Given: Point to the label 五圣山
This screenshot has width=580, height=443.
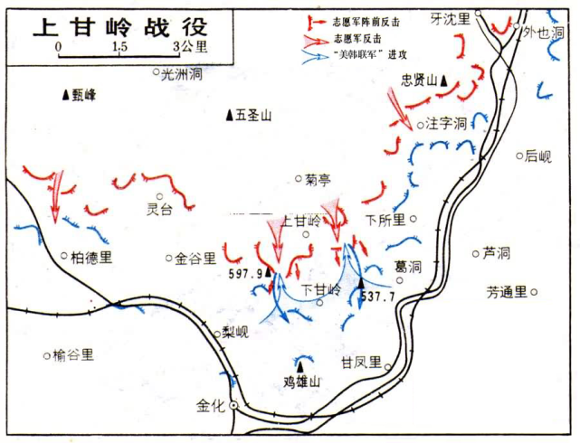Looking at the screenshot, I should pyautogui.click(x=253, y=116).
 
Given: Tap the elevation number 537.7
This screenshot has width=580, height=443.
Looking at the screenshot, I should pyautogui.click(x=377, y=296).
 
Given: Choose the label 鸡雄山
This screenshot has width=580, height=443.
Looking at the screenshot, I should pyautogui.click(x=302, y=382).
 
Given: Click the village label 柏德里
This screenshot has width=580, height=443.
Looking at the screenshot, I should pyautogui.click(x=92, y=257).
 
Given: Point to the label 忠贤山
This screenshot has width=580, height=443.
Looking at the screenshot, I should pyautogui.click(x=420, y=80).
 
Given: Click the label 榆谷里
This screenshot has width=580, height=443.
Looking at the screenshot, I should pyautogui.click(x=73, y=355).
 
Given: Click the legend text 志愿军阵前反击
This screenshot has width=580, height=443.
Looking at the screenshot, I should pyautogui.click(x=367, y=20).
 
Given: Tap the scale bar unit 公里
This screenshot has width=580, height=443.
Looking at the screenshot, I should pyautogui.click(x=194, y=47).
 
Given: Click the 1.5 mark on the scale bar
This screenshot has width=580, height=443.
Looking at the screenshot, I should pyautogui.click(x=119, y=46).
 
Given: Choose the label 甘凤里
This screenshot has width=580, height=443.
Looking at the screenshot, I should pyautogui.click(x=361, y=362).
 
